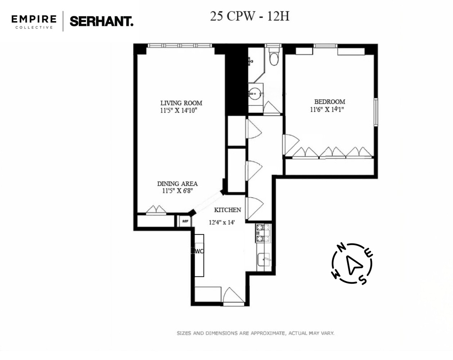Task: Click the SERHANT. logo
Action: click(x=101, y=21)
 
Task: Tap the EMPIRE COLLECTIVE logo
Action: click(x=34, y=22)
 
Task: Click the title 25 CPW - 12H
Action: click(x=250, y=16)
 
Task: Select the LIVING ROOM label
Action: click(x=181, y=103)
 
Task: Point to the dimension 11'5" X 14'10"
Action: click(x=178, y=111)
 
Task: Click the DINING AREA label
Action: click(x=177, y=184)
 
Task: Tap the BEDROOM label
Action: click(x=330, y=102)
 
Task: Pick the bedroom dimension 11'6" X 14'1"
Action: click(x=327, y=109)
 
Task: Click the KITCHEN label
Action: click(x=227, y=210)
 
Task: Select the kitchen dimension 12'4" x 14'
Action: click(x=222, y=222)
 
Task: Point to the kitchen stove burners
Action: click(x=263, y=233)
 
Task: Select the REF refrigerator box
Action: click(x=185, y=221)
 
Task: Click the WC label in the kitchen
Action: click(x=199, y=251)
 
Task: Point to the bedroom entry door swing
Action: click(x=291, y=145)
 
